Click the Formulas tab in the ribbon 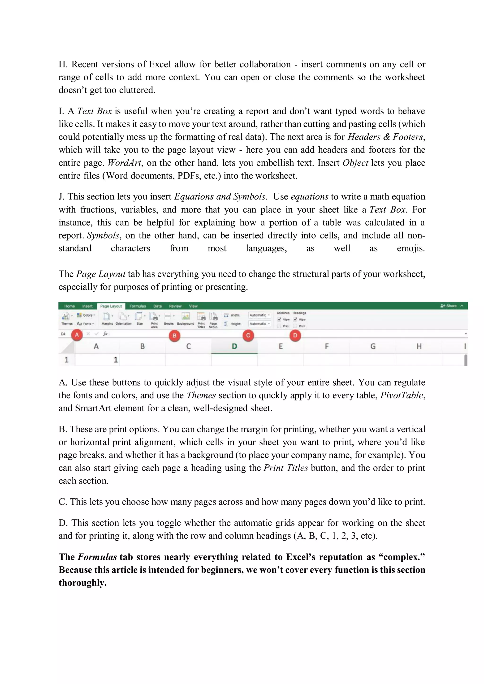[x=138, y=306]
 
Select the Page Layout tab [x=111, y=306]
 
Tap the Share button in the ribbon [x=449, y=306]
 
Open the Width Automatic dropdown [x=259, y=315]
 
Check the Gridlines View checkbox [x=279, y=319]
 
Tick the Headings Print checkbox [x=295, y=326]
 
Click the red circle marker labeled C [x=248, y=336]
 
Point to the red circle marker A [x=77, y=335]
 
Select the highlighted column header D [x=234, y=346]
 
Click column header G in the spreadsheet [x=373, y=346]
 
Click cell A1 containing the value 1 [x=97, y=360]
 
